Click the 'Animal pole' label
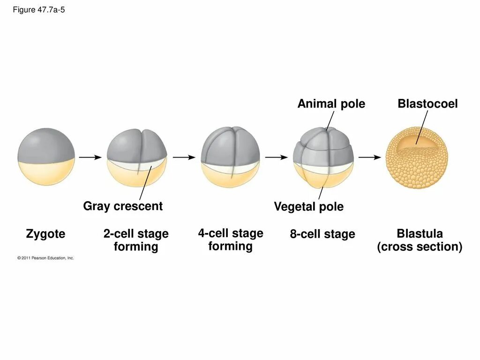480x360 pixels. (331, 104)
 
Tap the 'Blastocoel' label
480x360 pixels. (427, 104)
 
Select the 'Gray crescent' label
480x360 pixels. (123, 206)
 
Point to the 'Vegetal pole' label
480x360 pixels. (308, 207)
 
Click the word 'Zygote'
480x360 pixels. (45, 233)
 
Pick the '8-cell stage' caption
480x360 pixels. (322, 234)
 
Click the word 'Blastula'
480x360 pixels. (420, 233)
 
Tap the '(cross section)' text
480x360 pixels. (420, 247)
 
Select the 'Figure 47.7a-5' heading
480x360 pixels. (39, 10)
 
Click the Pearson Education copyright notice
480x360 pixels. (45, 258)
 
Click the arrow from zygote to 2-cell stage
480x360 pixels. (90, 157)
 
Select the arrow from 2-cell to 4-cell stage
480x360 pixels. (184, 157)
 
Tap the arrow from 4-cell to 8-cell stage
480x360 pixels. (276, 157)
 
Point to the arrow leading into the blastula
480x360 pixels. (370, 157)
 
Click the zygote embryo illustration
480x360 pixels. (46, 157)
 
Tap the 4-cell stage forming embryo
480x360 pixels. (230, 157)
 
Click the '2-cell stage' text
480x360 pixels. (136, 233)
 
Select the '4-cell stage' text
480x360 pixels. (230, 233)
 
